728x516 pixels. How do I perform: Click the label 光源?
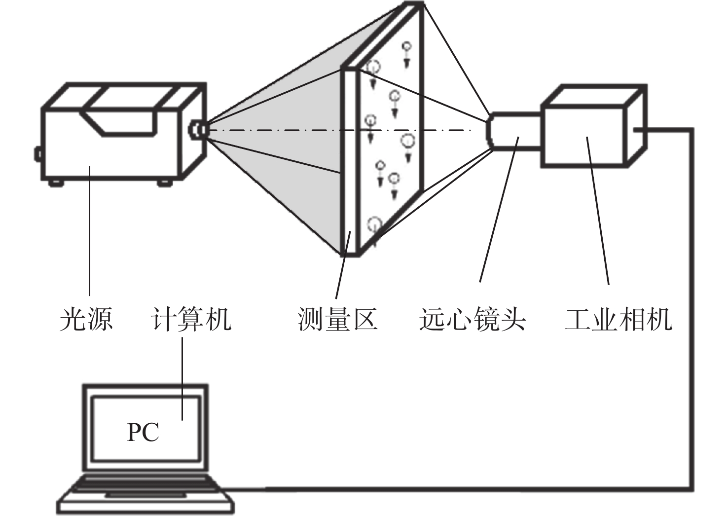[x=86, y=319]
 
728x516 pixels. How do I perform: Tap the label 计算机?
[x=191, y=319]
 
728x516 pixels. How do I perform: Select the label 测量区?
[x=338, y=319]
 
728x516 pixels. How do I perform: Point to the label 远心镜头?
[x=473, y=319]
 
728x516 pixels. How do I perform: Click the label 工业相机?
[x=619, y=319]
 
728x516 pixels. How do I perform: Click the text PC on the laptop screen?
[x=143, y=433]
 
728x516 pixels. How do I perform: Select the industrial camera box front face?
[x=583, y=137]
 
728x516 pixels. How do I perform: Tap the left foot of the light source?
[x=56, y=183]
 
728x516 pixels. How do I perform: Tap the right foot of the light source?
[x=165, y=183]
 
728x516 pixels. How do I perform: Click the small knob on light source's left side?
[x=38, y=154]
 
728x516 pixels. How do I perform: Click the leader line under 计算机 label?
[x=182, y=379]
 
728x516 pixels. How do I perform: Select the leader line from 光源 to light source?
[x=90, y=231]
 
